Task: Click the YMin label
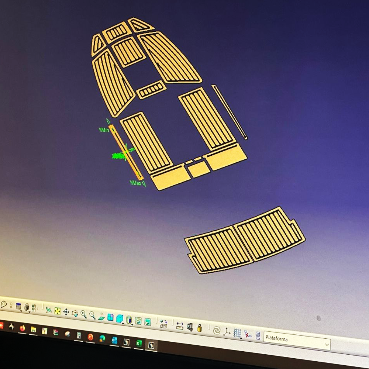104,130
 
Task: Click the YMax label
135,183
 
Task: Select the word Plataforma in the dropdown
276,338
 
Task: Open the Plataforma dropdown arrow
327,345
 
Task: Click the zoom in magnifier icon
83,314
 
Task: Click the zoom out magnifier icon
92,315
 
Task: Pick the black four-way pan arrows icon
66,312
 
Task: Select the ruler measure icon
180,325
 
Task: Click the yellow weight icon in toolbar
200,328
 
